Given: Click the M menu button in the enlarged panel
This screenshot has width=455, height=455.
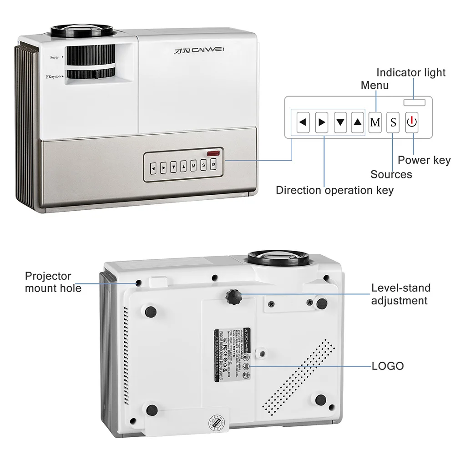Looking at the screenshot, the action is (x=375, y=122).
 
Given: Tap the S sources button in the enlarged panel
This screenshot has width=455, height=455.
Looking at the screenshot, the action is (x=393, y=122).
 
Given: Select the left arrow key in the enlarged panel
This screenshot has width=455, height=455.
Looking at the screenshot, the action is (x=303, y=122).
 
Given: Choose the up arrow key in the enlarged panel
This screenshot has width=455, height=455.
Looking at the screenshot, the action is (x=358, y=122).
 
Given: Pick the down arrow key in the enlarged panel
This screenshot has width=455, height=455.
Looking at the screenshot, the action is (x=340, y=122).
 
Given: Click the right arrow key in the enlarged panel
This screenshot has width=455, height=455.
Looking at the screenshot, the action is (x=322, y=122).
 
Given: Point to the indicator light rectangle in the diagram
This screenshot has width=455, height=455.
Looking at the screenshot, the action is (x=414, y=102).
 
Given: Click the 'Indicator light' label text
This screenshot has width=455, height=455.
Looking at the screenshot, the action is (x=411, y=73).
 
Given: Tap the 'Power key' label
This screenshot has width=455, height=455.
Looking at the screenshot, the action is (x=424, y=160).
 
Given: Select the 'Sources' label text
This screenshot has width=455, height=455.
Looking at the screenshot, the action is (x=391, y=174).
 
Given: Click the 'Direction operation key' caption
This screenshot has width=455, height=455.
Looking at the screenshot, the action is (x=335, y=190).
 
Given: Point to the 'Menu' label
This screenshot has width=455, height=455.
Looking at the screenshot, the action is (x=374, y=85).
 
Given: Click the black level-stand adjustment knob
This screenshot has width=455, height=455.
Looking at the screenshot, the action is (x=233, y=296).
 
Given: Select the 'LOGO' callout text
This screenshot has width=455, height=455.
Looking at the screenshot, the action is (x=388, y=366).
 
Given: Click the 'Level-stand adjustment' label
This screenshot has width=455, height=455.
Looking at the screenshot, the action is (x=400, y=294).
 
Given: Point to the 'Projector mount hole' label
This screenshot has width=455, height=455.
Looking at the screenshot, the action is (x=53, y=282).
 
